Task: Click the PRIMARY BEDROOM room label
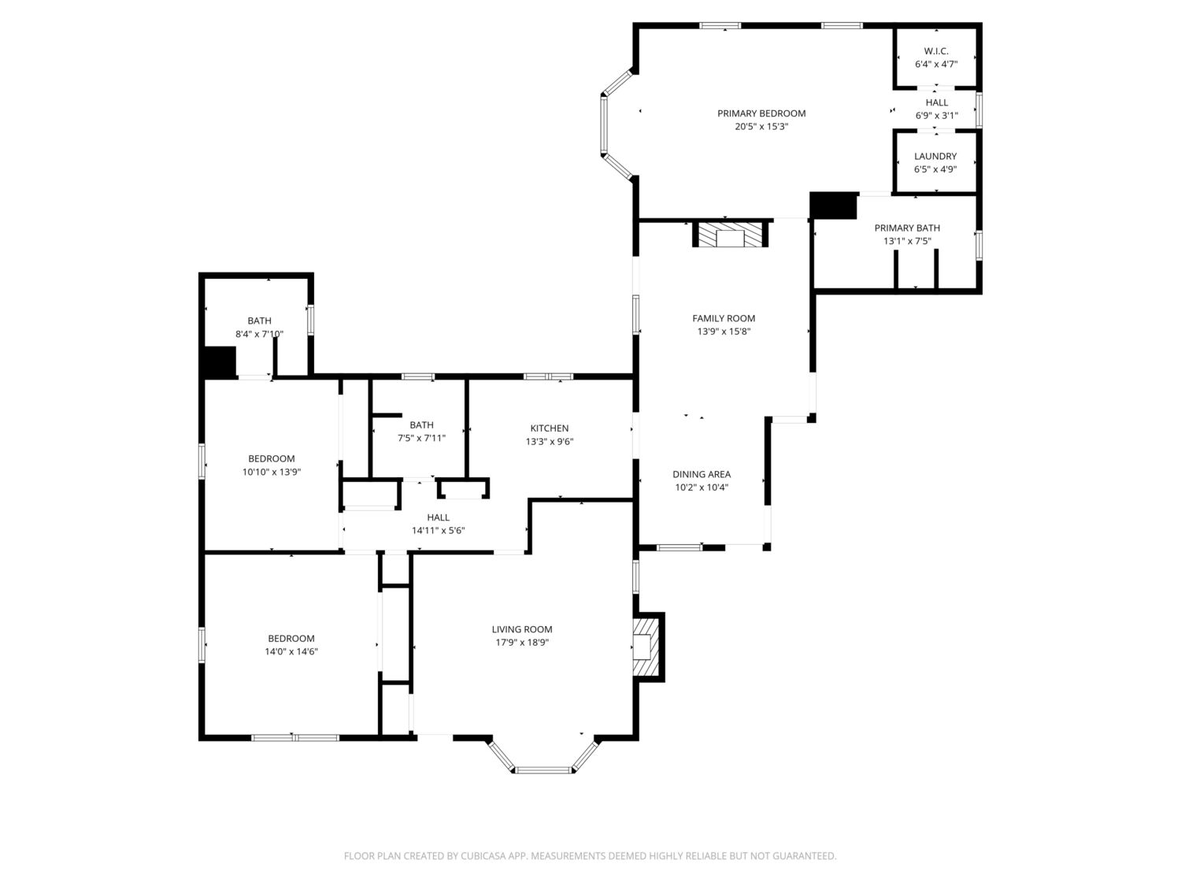click(x=761, y=113)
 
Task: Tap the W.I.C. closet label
click(x=936, y=51)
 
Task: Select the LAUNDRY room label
click(x=935, y=157)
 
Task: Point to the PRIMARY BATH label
click(x=907, y=228)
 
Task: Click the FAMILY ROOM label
click(x=724, y=318)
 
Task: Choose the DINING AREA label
click(x=702, y=474)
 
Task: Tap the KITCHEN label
click(x=550, y=428)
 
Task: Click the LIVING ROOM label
click(x=522, y=629)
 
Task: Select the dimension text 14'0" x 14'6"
click(x=291, y=651)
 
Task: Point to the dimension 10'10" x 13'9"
click(x=271, y=472)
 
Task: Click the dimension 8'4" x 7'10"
click(x=259, y=334)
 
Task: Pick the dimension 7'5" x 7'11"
click(x=421, y=438)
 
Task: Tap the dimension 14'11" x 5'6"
click(x=438, y=530)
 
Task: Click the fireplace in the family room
click(x=730, y=235)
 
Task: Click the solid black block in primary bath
click(x=834, y=206)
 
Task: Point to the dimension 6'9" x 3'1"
click(x=937, y=116)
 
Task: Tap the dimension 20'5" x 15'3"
click(x=761, y=127)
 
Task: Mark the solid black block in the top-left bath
click(x=220, y=362)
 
